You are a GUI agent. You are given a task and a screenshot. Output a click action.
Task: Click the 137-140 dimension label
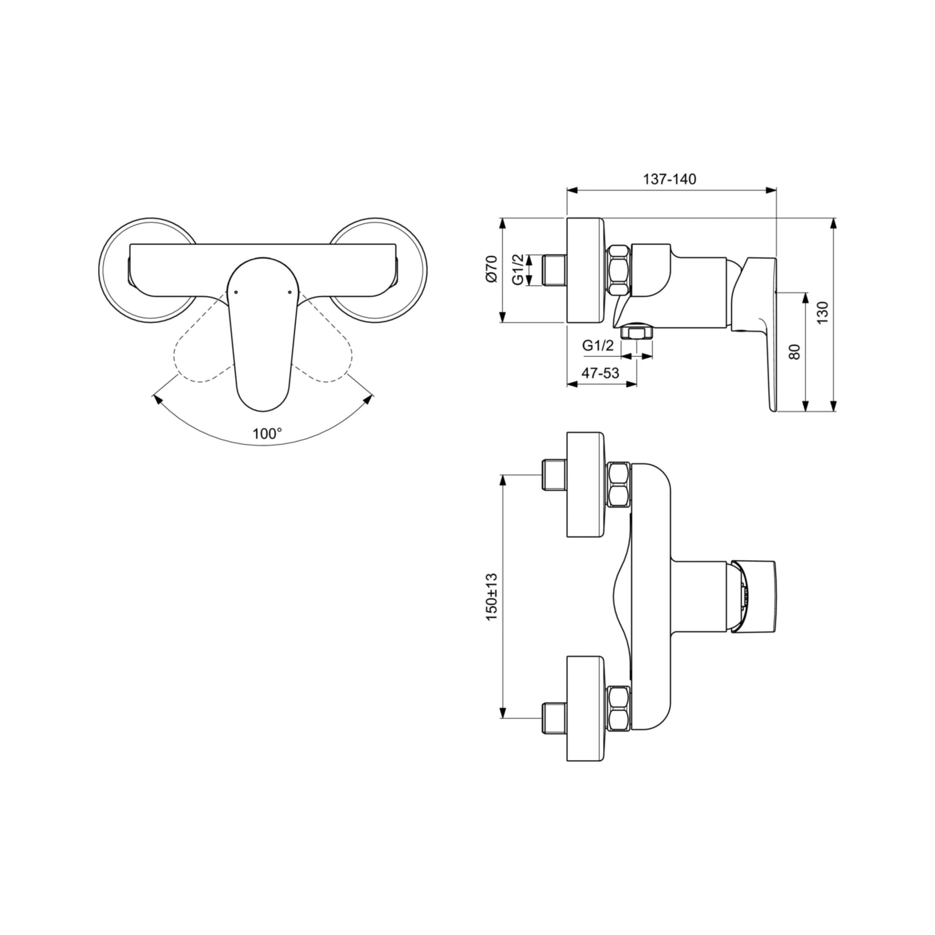coord(669,179)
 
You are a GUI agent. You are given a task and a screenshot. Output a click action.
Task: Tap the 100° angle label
coord(267,433)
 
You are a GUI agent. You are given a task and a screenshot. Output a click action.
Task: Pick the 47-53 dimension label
coord(600,373)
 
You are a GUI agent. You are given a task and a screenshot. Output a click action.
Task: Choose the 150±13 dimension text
coord(491,597)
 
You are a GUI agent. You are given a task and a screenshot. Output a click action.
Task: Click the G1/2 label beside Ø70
coord(518,270)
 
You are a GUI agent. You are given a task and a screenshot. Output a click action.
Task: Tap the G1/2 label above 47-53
coord(598,346)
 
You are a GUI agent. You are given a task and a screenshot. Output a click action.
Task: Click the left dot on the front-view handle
coord(236,292)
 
